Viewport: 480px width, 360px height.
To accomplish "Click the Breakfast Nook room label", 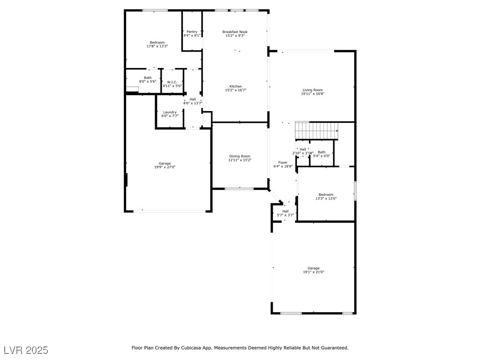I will coord(235,32).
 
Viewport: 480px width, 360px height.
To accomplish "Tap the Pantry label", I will coord(192,31).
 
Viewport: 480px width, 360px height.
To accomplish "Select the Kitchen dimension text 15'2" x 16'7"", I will coord(235,90).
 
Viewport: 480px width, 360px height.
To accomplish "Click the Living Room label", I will coord(313,90).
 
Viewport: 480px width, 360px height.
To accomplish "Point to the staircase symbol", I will coord(316,131).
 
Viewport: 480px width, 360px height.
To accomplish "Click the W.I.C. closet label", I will coord(172,82).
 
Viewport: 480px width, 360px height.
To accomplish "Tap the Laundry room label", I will coord(170,112).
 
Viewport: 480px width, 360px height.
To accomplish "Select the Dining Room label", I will coord(240,156).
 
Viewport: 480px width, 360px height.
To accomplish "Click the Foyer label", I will coord(283,162).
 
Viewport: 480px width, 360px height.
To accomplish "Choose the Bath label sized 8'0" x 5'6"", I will coord(148,78).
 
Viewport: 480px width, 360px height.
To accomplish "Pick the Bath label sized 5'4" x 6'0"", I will coord(322,152).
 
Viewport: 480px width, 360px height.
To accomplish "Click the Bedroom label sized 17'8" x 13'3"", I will coord(157,42).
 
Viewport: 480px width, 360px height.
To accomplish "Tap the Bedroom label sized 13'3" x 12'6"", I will coord(326,195).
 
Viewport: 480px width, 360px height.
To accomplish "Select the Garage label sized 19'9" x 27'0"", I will coord(164,163).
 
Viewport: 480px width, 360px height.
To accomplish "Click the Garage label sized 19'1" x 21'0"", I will coord(313,268).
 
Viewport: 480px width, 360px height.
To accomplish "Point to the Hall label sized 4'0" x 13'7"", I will coord(192,99).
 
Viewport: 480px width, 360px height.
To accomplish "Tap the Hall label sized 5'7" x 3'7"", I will coord(285,211).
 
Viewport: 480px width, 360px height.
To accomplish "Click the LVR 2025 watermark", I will coord(26,350).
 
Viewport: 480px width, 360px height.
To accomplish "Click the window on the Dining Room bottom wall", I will coord(239,188).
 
